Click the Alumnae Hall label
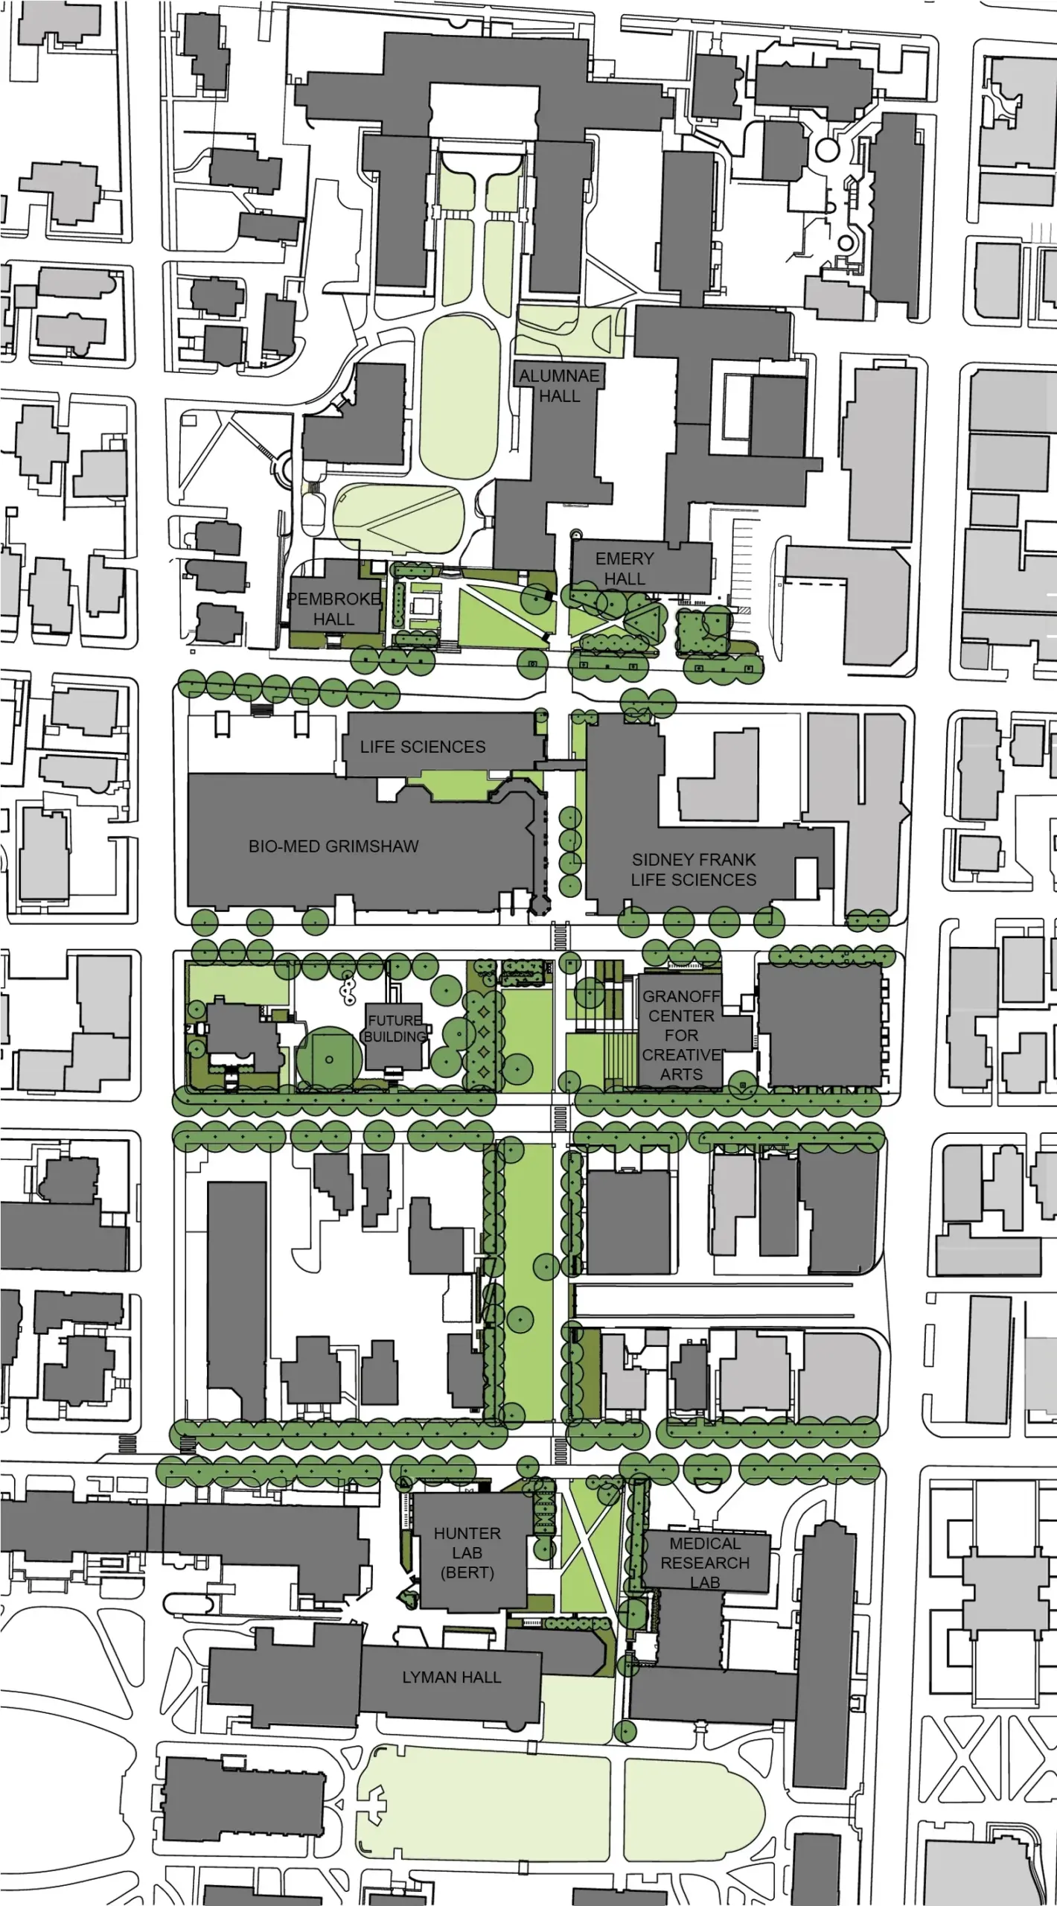(559, 386)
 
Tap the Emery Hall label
(625, 568)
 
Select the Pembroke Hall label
(333, 608)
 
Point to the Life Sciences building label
(423, 747)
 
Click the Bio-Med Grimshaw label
(333, 846)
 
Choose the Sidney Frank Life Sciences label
(693, 870)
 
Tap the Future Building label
(395, 1028)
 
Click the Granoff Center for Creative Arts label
(681, 1035)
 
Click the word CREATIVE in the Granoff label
(681, 1055)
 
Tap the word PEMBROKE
(333, 599)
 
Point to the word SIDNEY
(661, 859)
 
